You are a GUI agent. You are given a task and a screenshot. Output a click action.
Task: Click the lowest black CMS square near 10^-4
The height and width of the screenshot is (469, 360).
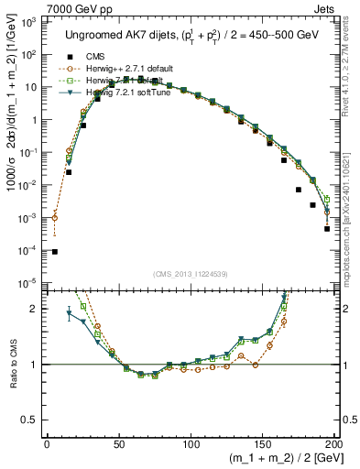coord(54,252)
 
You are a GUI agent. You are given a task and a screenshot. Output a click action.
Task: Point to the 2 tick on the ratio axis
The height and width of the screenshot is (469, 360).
coord(33,309)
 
